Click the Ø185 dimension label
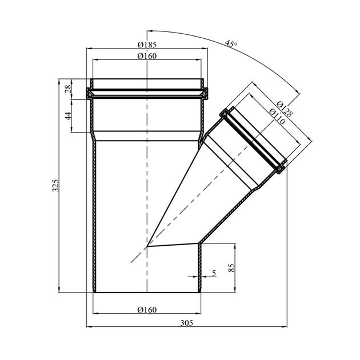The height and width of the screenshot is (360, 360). tap(147, 44)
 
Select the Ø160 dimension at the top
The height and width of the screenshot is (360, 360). tap(147, 55)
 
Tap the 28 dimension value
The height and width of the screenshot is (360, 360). tap(67, 88)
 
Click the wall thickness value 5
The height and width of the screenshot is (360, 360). tap(214, 274)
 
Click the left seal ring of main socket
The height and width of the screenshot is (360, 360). tap(90, 93)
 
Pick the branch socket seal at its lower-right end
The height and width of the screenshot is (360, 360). tap(281, 168)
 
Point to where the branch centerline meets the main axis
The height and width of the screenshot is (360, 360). tap(147, 247)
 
